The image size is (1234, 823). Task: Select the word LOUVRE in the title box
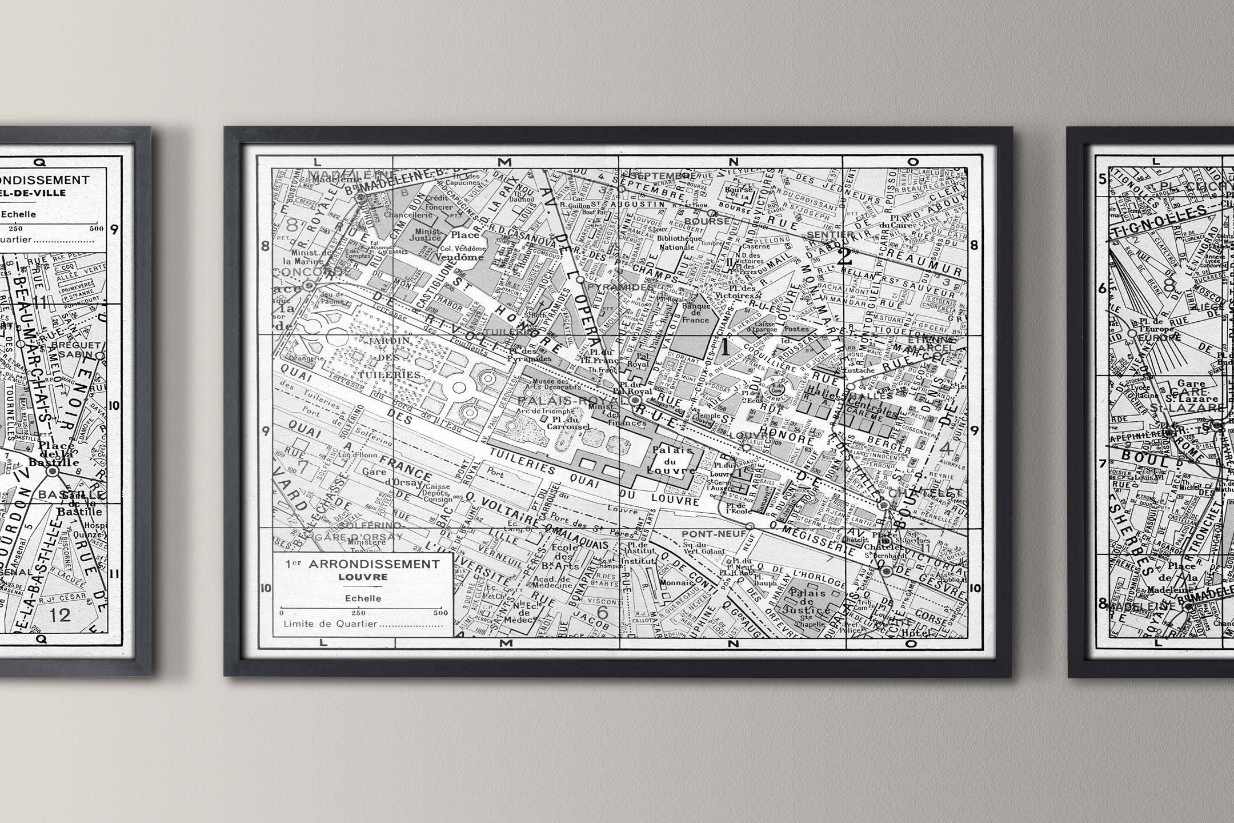point(363,577)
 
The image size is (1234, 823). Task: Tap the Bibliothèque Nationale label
point(676,242)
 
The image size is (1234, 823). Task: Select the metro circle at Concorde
point(309,285)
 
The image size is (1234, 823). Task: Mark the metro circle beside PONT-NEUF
point(750,526)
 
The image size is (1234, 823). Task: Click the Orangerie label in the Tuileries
point(303,359)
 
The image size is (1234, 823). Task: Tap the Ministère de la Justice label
point(427,235)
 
